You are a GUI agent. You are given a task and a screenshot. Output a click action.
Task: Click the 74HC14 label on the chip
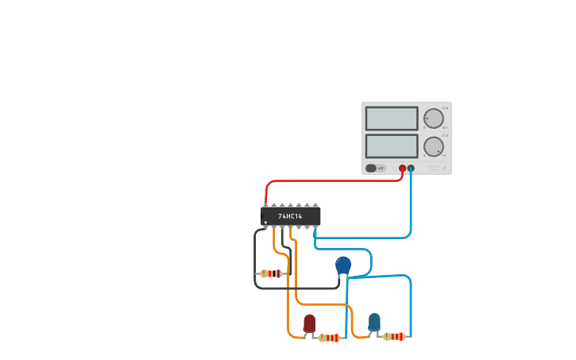[290, 216]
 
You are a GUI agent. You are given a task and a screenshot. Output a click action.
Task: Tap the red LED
[309, 323]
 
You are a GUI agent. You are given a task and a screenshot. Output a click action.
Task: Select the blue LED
[374, 321]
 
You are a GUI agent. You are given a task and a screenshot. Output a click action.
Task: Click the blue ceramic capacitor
[343, 265]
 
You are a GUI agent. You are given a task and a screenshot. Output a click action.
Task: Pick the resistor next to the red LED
[329, 338]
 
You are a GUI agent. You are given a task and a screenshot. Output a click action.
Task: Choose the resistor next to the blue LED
[393, 336]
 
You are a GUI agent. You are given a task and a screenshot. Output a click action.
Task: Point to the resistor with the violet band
[271, 273]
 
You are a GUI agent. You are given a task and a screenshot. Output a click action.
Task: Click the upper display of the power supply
[392, 118]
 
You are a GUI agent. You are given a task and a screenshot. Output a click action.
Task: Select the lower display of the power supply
[392, 146]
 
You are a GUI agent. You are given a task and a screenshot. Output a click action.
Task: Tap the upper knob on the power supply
[433, 118]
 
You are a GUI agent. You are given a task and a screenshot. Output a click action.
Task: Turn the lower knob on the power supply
[433, 146]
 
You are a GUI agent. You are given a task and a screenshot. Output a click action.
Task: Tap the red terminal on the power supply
[402, 168]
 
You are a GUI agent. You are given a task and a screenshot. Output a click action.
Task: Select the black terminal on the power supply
[411, 168]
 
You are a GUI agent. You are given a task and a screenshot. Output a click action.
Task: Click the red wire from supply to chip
[334, 181]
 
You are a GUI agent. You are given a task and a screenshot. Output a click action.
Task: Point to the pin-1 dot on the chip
[265, 223]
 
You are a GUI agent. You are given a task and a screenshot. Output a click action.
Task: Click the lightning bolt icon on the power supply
[444, 168]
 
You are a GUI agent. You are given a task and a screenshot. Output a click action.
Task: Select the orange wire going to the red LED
[288, 302]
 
